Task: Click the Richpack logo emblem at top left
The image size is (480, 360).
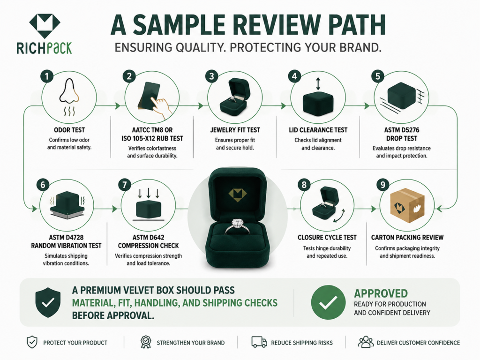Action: (45, 26)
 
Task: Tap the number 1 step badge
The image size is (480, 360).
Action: (47, 76)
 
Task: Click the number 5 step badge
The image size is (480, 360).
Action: (377, 76)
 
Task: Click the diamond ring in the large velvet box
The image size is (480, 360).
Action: (238, 226)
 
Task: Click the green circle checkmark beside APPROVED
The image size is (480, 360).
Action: (328, 302)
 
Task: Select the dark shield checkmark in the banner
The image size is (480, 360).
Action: (48, 302)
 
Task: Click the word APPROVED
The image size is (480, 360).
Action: (381, 293)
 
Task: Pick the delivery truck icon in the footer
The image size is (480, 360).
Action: (259, 342)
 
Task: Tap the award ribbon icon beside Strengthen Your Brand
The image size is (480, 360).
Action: (146, 342)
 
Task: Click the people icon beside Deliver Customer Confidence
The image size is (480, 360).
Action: (366, 342)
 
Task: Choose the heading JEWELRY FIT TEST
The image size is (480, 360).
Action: (235, 130)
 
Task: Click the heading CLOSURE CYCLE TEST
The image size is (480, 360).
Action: (327, 238)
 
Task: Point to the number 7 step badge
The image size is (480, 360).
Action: (125, 185)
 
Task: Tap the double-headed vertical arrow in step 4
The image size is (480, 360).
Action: (318, 83)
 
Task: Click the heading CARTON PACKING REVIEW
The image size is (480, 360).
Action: (407, 238)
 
